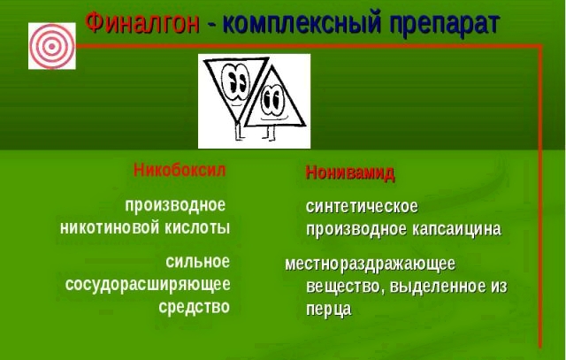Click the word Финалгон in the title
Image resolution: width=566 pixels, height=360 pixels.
pos(141,24)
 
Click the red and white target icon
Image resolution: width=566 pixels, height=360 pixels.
pos(46,44)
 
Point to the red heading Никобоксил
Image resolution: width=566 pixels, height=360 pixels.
pos(180,169)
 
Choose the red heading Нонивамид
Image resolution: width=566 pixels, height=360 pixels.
pos(350,172)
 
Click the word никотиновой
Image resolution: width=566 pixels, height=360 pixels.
pos(112,227)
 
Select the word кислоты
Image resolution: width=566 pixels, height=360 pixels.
pos(199,227)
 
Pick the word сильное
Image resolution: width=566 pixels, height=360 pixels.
pos(197,262)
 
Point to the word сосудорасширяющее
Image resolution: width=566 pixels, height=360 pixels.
pos(148,284)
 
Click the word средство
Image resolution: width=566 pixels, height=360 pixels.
pos(194,307)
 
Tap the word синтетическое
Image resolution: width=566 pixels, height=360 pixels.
pos(362,207)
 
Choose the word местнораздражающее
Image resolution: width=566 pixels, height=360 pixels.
pos(370,264)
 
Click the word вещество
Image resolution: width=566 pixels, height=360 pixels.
pos(340,287)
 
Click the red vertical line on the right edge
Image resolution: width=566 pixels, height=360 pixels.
pos(540,177)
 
